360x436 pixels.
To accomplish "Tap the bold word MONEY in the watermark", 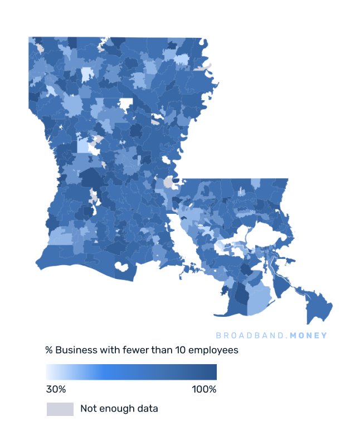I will (308, 336).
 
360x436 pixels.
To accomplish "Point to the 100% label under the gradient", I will (204, 389).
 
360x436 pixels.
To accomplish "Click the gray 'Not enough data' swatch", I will (60, 409).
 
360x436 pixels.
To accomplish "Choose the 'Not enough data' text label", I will (119, 409).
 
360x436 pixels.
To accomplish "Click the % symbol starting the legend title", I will (49, 350).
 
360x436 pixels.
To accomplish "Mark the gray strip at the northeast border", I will (205, 67).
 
